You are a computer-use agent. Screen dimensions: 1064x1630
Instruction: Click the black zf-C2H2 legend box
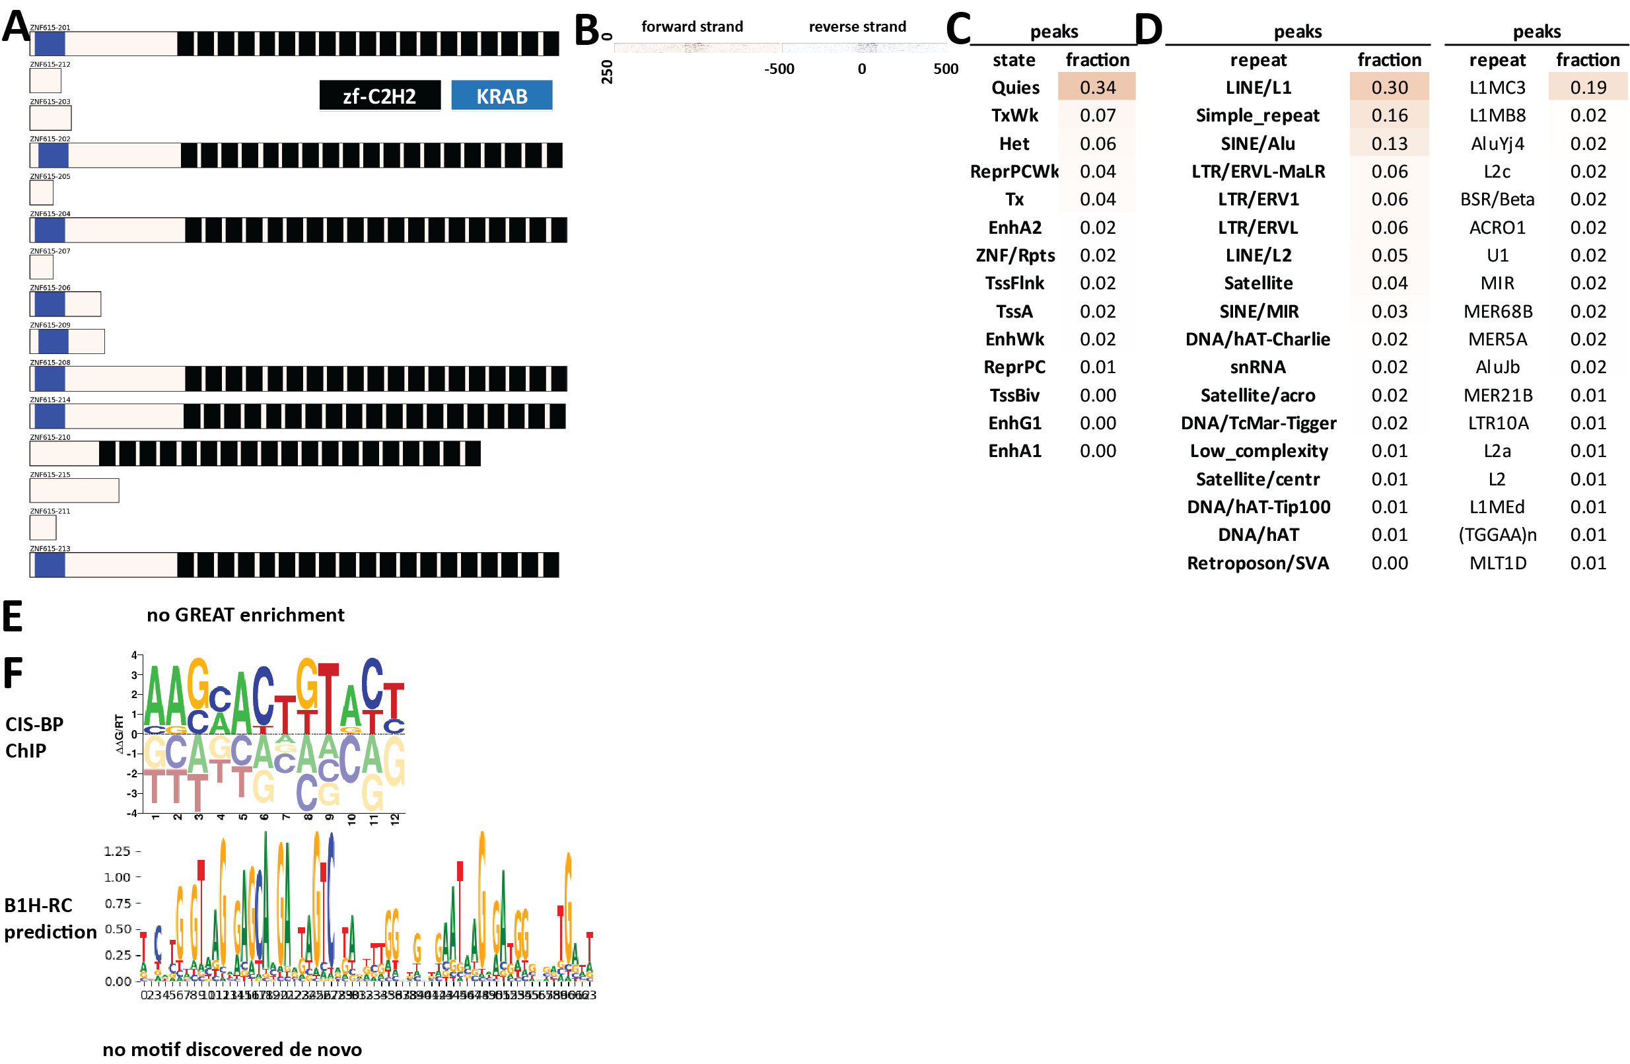click(x=379, y=95)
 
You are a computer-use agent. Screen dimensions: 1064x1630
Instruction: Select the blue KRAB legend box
click(x=501, y=95)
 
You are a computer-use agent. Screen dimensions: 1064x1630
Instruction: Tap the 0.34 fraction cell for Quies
click(x=1096, y=87)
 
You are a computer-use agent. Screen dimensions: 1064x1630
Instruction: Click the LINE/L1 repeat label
click(x=1258, y=87)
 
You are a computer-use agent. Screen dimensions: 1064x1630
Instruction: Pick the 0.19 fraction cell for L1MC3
click(x=1587, y=87)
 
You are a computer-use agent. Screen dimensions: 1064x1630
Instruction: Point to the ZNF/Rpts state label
click(x=1014, y=255)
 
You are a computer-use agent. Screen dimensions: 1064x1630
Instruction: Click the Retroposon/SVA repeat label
click(x=1258, y=562)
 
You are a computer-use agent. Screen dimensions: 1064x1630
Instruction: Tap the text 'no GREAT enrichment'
click(x=245, y=614)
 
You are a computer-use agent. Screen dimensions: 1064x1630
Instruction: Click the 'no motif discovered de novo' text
click(x=232, y=1048)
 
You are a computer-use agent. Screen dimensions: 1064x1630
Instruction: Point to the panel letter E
click(x=13, y=616)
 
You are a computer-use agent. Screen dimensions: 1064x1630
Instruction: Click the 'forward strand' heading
click(x=691, y=26)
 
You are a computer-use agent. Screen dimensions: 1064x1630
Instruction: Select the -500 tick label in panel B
click(x=779, y=69)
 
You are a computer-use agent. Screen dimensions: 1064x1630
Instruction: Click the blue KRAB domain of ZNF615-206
click(x=50, y=303)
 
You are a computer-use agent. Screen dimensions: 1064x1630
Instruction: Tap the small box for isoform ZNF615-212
click(x=45, y=80)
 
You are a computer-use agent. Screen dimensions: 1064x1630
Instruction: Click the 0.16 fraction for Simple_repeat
click(x=1389, y=115)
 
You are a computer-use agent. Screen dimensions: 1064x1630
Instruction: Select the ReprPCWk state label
click(x=1014, y=171)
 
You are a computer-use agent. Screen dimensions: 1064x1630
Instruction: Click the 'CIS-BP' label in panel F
click(x=34, y=724)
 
